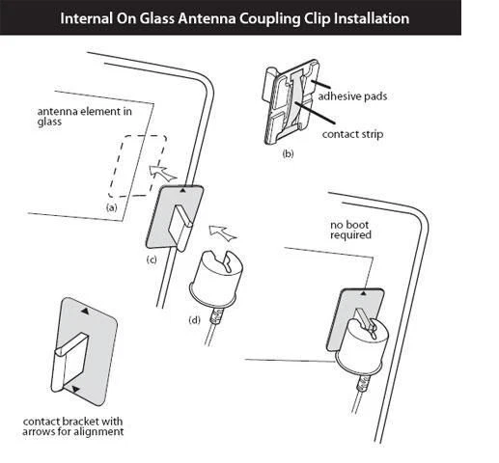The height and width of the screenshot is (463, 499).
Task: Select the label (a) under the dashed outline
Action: point(112,206)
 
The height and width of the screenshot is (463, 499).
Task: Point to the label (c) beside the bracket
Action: point(152,259)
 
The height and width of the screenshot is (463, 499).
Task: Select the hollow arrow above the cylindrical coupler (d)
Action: point(221,232)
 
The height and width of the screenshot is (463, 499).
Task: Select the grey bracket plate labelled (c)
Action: point(175,218)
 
